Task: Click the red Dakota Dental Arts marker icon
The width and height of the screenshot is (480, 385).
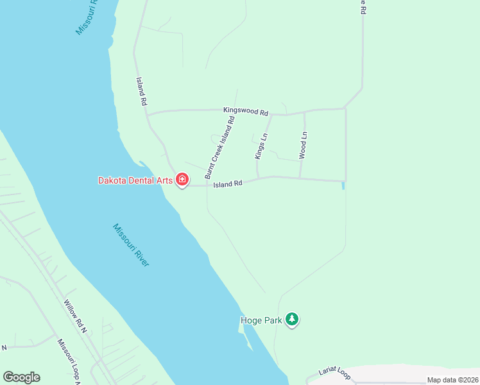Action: [x=182, y=180]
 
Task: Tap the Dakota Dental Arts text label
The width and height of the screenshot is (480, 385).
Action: [x=135, y=180]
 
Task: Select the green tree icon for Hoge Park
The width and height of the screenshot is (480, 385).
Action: [x=292, y=319]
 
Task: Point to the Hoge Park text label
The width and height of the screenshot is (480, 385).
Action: [x=262, y=320]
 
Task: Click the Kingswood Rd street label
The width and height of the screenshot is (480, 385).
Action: [x=246, y=111]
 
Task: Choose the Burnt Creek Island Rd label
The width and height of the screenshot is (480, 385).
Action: [x=220, y=148]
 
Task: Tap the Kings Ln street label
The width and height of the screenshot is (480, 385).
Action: [x=261, y=146]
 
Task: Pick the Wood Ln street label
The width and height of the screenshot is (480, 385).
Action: [x=304, y=145]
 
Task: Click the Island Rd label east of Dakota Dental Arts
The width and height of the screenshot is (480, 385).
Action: [x=228, y=184]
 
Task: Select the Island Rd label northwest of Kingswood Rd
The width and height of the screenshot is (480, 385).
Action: [x=142, y=92]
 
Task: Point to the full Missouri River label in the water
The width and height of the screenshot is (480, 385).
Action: [x=131, y=245]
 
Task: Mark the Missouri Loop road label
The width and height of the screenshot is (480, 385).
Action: [x=67, y=363]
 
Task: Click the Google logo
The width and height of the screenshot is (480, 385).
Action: [x=21, y=377]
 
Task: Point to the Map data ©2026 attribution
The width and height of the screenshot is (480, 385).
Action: [x=452, y=380]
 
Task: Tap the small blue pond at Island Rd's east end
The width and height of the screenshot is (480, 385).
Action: [x=343, y=186]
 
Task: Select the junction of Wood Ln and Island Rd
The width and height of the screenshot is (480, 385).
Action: [x=300, y=178]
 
